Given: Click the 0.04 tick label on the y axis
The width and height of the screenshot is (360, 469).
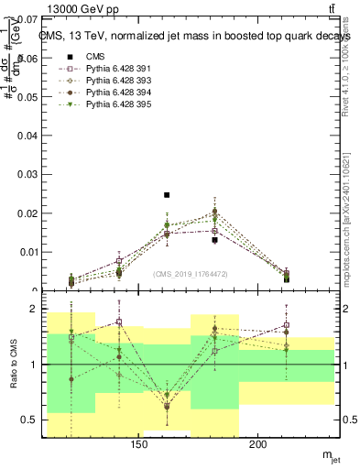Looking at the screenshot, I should (27, 136).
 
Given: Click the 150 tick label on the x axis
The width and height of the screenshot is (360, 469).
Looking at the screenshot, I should (139, 446).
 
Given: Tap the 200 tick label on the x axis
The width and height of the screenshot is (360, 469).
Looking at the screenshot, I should (258, 446).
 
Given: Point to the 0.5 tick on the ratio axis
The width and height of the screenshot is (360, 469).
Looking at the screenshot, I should (29, 420).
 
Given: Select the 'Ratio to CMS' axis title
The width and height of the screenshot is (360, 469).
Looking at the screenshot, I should (12, 365).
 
